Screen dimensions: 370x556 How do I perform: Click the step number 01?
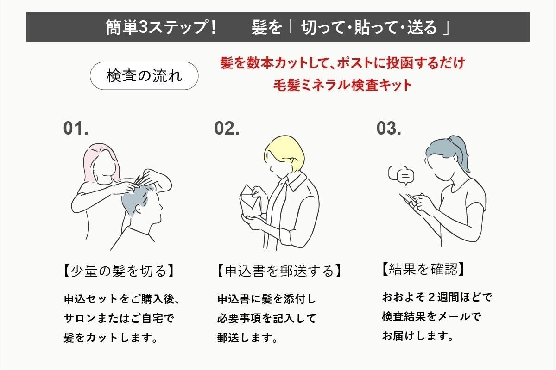[76, 129]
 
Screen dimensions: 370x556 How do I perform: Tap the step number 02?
[227, 129]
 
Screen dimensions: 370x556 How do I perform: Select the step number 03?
[389, 129]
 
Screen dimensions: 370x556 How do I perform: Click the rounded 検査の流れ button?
[144, 76]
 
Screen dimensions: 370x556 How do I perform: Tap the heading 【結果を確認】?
[423, 269]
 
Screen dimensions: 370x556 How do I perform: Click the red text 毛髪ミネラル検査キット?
[342, 85]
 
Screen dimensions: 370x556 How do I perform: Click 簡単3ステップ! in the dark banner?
[161, 27]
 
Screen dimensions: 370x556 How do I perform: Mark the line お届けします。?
[417, 336]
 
